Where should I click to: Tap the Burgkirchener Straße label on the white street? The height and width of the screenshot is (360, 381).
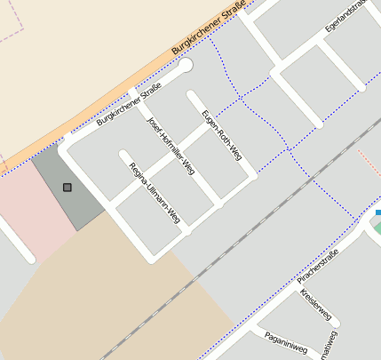tap(129, 104)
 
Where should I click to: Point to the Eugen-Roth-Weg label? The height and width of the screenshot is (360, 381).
tap(221, 134)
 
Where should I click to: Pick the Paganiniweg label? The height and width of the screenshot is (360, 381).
tap(285, 343)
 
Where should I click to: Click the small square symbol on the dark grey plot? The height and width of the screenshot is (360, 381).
tap(67, 187)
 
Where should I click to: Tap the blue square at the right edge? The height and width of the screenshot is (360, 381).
tap(377, 212)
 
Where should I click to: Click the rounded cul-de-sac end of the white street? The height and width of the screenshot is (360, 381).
tap(185, 65)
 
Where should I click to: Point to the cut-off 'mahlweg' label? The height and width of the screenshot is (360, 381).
tap(330, 348)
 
